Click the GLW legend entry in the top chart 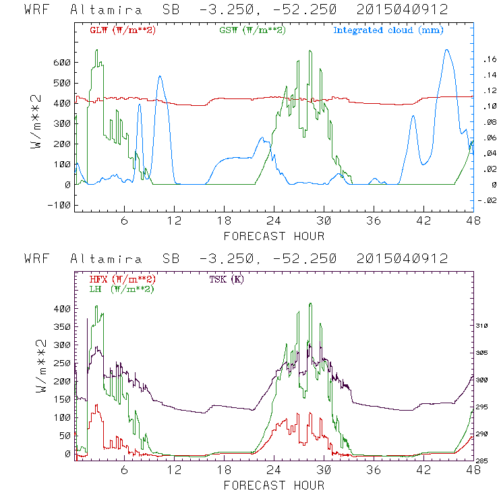coord(123,30)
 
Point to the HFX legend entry coord(123,278)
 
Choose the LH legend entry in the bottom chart coord(121,289)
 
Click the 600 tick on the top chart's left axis coord(62,62)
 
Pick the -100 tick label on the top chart coord(59,205)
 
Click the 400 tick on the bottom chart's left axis coord(62,309)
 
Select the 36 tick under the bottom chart coord(374,470)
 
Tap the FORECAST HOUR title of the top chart coord(274,235)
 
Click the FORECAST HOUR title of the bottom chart coord(274,485)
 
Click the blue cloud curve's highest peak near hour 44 coord(446,50)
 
